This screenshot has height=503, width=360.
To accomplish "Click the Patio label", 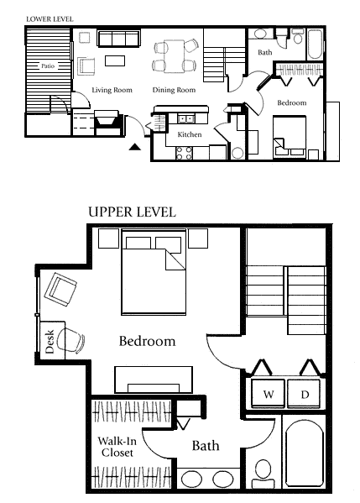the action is (48, 66).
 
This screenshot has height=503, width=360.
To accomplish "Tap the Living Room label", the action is (112, 90).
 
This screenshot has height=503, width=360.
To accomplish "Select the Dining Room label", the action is (174, 90).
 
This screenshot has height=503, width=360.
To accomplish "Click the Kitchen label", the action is (190, 134).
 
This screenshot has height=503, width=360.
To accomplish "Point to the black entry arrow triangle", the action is (135, 147).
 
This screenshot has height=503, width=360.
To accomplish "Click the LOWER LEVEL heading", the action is (50, 19).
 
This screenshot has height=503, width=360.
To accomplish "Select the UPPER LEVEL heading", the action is (132, 212).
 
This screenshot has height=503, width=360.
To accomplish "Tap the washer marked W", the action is (268, 394).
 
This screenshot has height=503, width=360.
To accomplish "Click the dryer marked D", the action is (305, 394).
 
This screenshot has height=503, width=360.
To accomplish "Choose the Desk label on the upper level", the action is (50, 341).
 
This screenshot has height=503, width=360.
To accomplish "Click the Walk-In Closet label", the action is (117, 447).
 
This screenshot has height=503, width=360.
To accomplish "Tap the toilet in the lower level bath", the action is (298, 36).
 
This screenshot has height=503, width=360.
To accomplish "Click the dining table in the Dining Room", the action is (174, 56).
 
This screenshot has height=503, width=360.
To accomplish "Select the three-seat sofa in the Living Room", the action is (118, 39).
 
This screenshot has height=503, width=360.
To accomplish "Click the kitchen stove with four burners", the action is (185, 153).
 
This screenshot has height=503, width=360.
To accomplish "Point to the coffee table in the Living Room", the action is (115, 61).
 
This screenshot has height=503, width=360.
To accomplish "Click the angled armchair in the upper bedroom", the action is (60, 290).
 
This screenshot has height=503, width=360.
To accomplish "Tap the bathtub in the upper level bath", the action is (305, 453).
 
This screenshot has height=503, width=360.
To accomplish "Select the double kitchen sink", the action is (185, 119).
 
